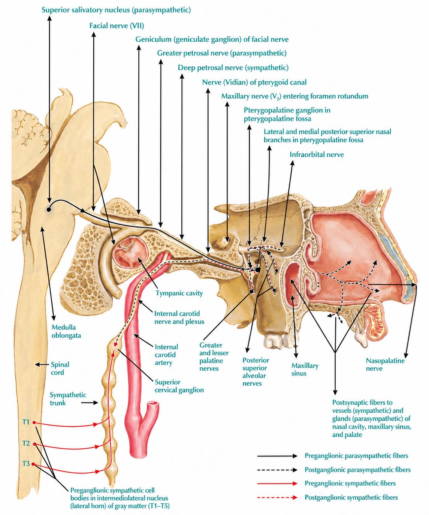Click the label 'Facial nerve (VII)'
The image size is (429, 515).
(117, 25)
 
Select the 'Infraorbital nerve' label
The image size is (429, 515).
(317, 155)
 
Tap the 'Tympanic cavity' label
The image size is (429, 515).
(179, 293)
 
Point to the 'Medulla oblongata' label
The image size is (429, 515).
(66, 331)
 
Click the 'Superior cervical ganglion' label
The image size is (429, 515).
(179, 386)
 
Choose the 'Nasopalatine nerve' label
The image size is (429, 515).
(385, 365)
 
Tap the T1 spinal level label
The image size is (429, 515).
(26, 422)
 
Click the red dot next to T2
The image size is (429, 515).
(34, 444)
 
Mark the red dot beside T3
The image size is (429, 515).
(33, 464)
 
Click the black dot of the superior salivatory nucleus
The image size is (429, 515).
(49, 210)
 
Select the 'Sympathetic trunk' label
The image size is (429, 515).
(68, 399)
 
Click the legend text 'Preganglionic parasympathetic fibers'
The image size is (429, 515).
(356, 455)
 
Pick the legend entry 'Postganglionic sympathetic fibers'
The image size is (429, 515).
(351, 497)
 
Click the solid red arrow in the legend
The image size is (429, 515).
(277, 484)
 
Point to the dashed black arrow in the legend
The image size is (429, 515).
(277, 470)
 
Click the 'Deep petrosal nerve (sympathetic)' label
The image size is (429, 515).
(233, 67)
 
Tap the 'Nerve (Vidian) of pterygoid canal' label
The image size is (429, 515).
(254, 82)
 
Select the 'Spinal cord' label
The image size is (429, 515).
(60, 368)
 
